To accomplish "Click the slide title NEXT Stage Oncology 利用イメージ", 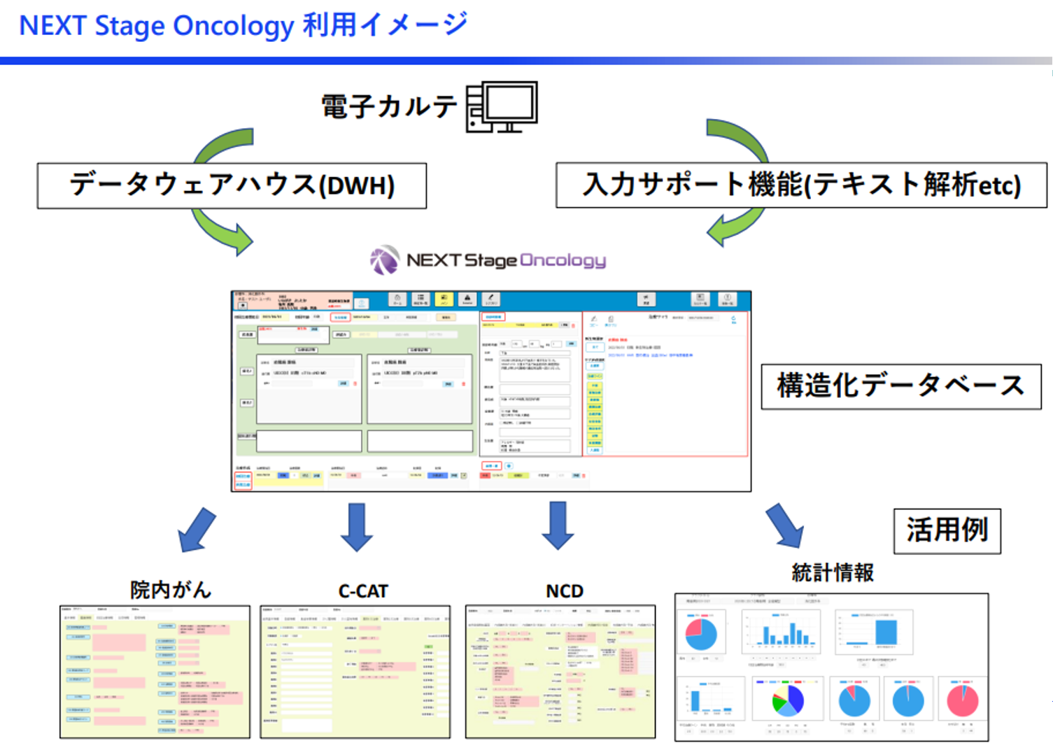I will [243, 26].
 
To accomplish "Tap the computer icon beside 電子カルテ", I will [502, 106].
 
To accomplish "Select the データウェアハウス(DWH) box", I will [232, 185].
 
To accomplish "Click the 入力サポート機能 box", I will [801, 185].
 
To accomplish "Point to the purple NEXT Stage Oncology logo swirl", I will [384, 260].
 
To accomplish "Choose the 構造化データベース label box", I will [900, 386].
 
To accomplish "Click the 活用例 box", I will [947, 530].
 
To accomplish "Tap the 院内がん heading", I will [171, 590].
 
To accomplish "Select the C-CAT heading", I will [362, 591].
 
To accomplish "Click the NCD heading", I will [564, 591].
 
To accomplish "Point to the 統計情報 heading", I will [833, 573].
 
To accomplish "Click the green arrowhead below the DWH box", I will [238, 239].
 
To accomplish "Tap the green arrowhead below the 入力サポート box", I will [721, 232].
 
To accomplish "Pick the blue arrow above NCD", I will [558, 526].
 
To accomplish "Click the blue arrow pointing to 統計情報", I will [785, 526].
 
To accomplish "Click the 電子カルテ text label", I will [389, 107].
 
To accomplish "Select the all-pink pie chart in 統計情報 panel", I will [962, 700].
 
